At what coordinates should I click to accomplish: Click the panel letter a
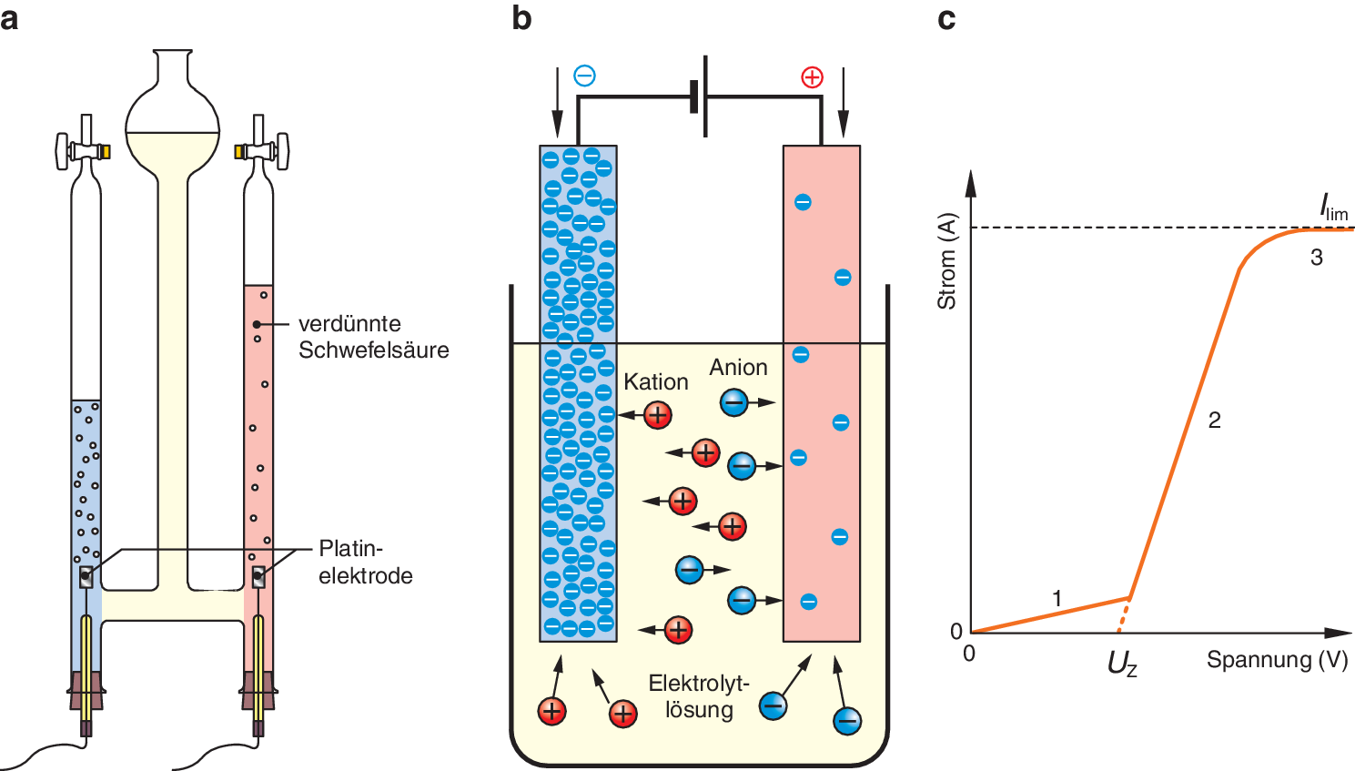[x=10, y=18]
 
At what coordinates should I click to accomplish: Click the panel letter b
[x=521, y=18]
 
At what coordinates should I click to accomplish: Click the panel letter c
[x=946, y=18]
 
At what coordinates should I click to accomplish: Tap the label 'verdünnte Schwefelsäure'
[x=373, y=337]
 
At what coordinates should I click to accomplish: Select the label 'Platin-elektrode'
[x=365, y=562]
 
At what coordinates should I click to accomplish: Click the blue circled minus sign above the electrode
[x=584, y=76]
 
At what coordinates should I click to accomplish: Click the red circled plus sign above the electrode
[x=812, y=77]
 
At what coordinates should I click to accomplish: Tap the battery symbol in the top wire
[x=699, y=96]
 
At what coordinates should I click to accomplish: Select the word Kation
[x=655, y=382]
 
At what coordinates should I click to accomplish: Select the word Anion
[x=738, y=367]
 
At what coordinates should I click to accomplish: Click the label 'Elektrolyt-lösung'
[x=699, y=696]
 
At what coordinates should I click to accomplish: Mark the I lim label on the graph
[x=1333, y=208]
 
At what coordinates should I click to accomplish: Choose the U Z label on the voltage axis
[x=1122, y=664]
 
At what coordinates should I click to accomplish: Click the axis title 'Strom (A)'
[x=947, y=261]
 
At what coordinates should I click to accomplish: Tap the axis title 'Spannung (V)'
[x=1277, y=660]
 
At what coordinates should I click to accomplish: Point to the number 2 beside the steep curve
[x=1214, y=420]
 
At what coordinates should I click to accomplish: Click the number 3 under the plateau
[x=1316, y=258]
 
